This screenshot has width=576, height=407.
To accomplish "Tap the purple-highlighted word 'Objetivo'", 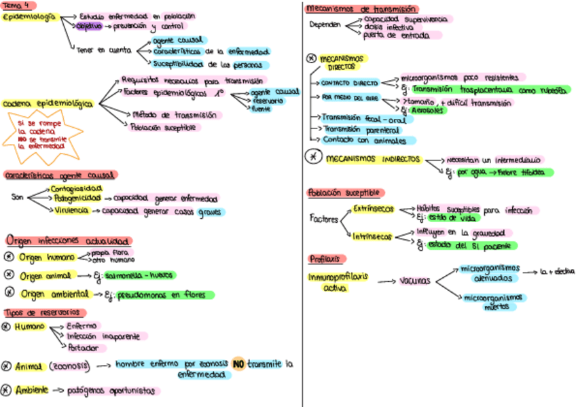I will click(x=88, y=26).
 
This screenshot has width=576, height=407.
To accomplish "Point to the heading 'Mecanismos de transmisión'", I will click(x=360, y=9).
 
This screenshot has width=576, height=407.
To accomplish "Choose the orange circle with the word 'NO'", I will click(x=238, y=364).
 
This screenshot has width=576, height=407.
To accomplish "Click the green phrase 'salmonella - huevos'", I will click(x=140, y=276).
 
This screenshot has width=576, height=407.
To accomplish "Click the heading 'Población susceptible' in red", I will click(x=346, y=193).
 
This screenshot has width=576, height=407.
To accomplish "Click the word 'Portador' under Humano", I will click(x=83, y=348).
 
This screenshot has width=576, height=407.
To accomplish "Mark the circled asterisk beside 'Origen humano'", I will click(x=9, y=257).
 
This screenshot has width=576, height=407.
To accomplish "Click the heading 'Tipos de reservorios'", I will click(x=45, y=313).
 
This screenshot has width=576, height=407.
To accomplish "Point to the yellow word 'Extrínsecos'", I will click(x=373, y=209).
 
